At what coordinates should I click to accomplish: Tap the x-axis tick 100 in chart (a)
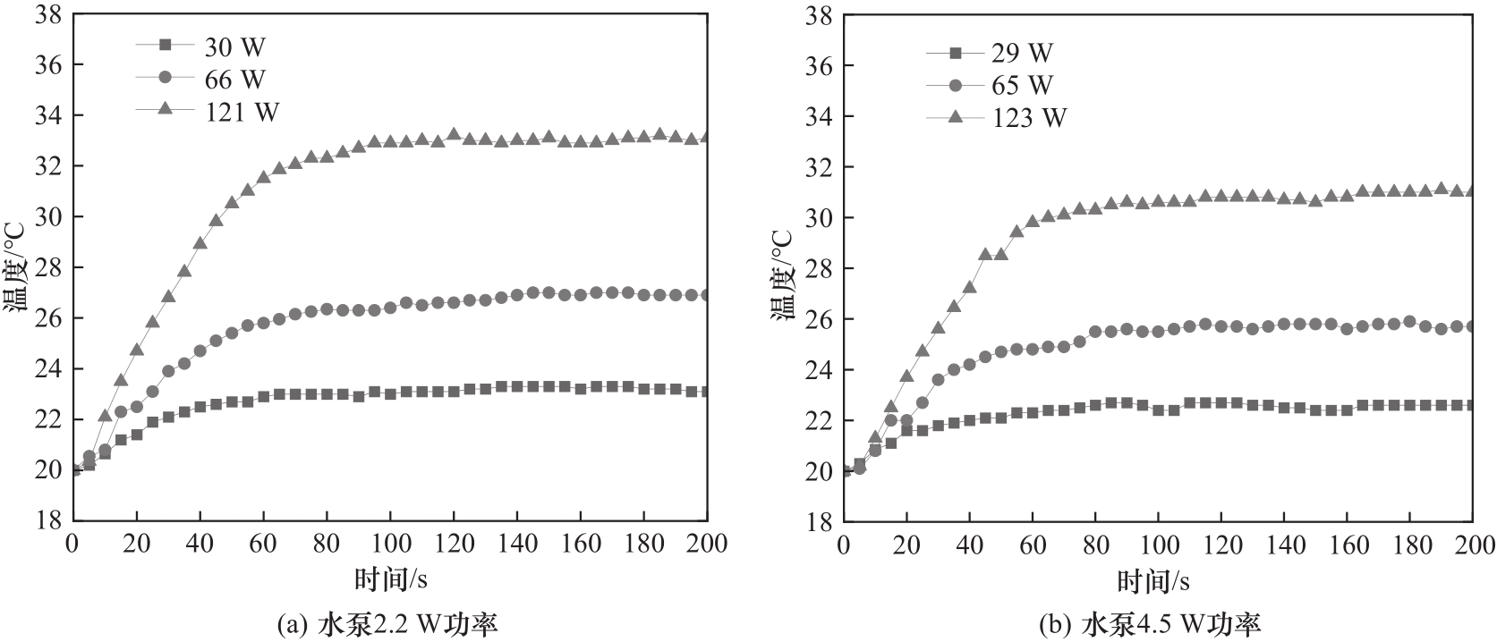click(389, 543)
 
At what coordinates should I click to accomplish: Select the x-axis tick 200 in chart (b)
click(1472, 544)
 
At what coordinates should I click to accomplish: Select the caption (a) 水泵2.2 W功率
click(387, 623)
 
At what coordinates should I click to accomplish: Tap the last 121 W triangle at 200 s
click(707, 137)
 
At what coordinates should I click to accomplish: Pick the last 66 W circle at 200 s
click(707, 294)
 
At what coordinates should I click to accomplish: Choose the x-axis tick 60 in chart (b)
click(1032, 544)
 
